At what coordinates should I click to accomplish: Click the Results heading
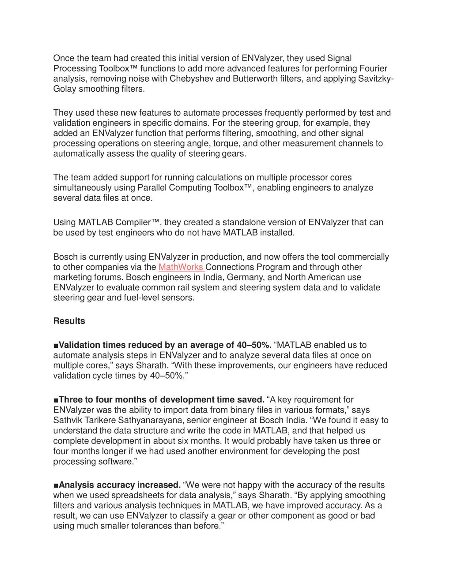[69, 321]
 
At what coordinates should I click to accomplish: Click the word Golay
[65, 89]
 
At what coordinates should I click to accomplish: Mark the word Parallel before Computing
[152, 188]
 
